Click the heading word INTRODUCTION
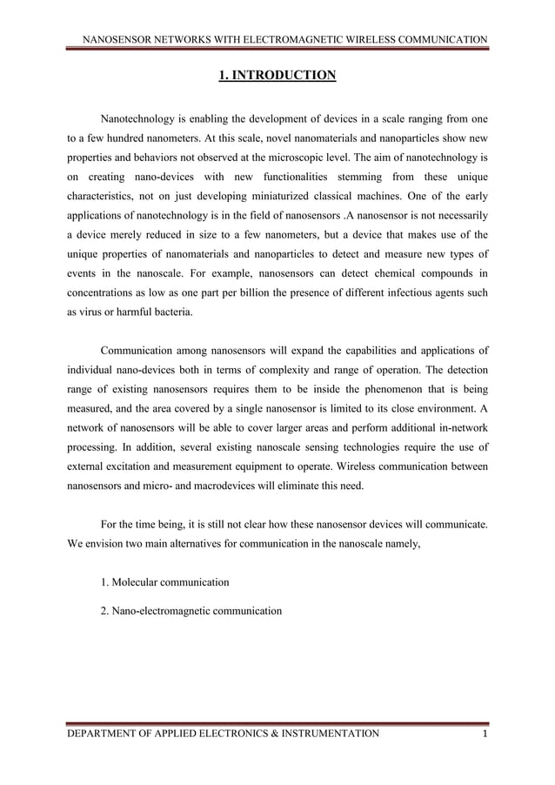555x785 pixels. click(x=284, y=76)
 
